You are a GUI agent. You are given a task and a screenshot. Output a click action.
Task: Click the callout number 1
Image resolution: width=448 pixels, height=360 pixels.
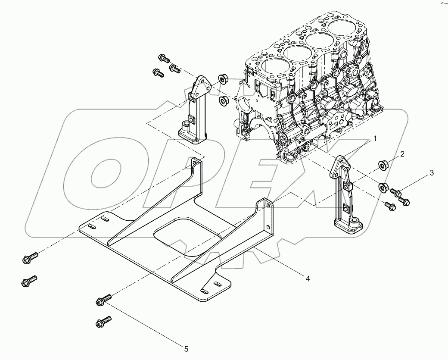tap(375, 139)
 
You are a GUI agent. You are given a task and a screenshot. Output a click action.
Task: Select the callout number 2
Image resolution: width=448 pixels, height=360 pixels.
tap(401, 154)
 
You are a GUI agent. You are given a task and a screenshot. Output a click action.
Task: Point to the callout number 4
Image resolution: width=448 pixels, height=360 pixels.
tap(308, 279)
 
